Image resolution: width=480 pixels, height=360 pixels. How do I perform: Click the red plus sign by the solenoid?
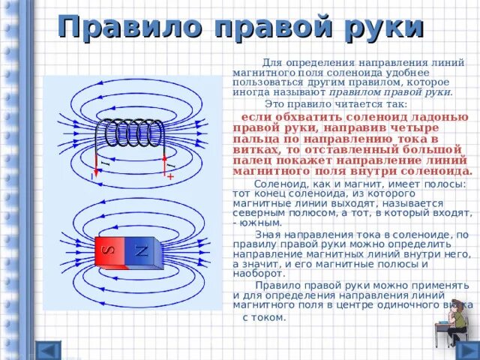(x=170, y=176)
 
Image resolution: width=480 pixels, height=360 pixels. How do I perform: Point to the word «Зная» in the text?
(x=268, y=235)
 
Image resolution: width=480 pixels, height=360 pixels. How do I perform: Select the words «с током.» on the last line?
(x=264, y=317)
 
